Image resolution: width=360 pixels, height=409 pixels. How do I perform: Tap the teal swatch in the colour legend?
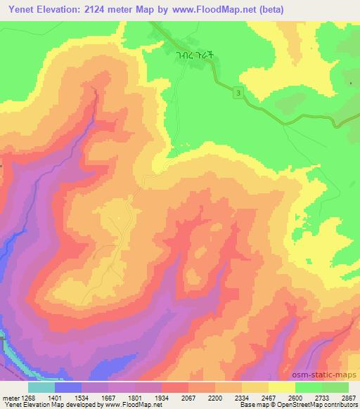[x=41, y=387]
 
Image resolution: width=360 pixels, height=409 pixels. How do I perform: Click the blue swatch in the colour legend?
[x=68, y=387]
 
